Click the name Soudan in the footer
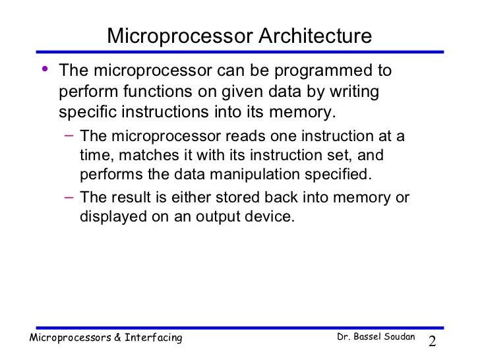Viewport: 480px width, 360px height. (x=398, y=338)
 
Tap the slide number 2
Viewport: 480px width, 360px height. (x=433, y=342)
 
